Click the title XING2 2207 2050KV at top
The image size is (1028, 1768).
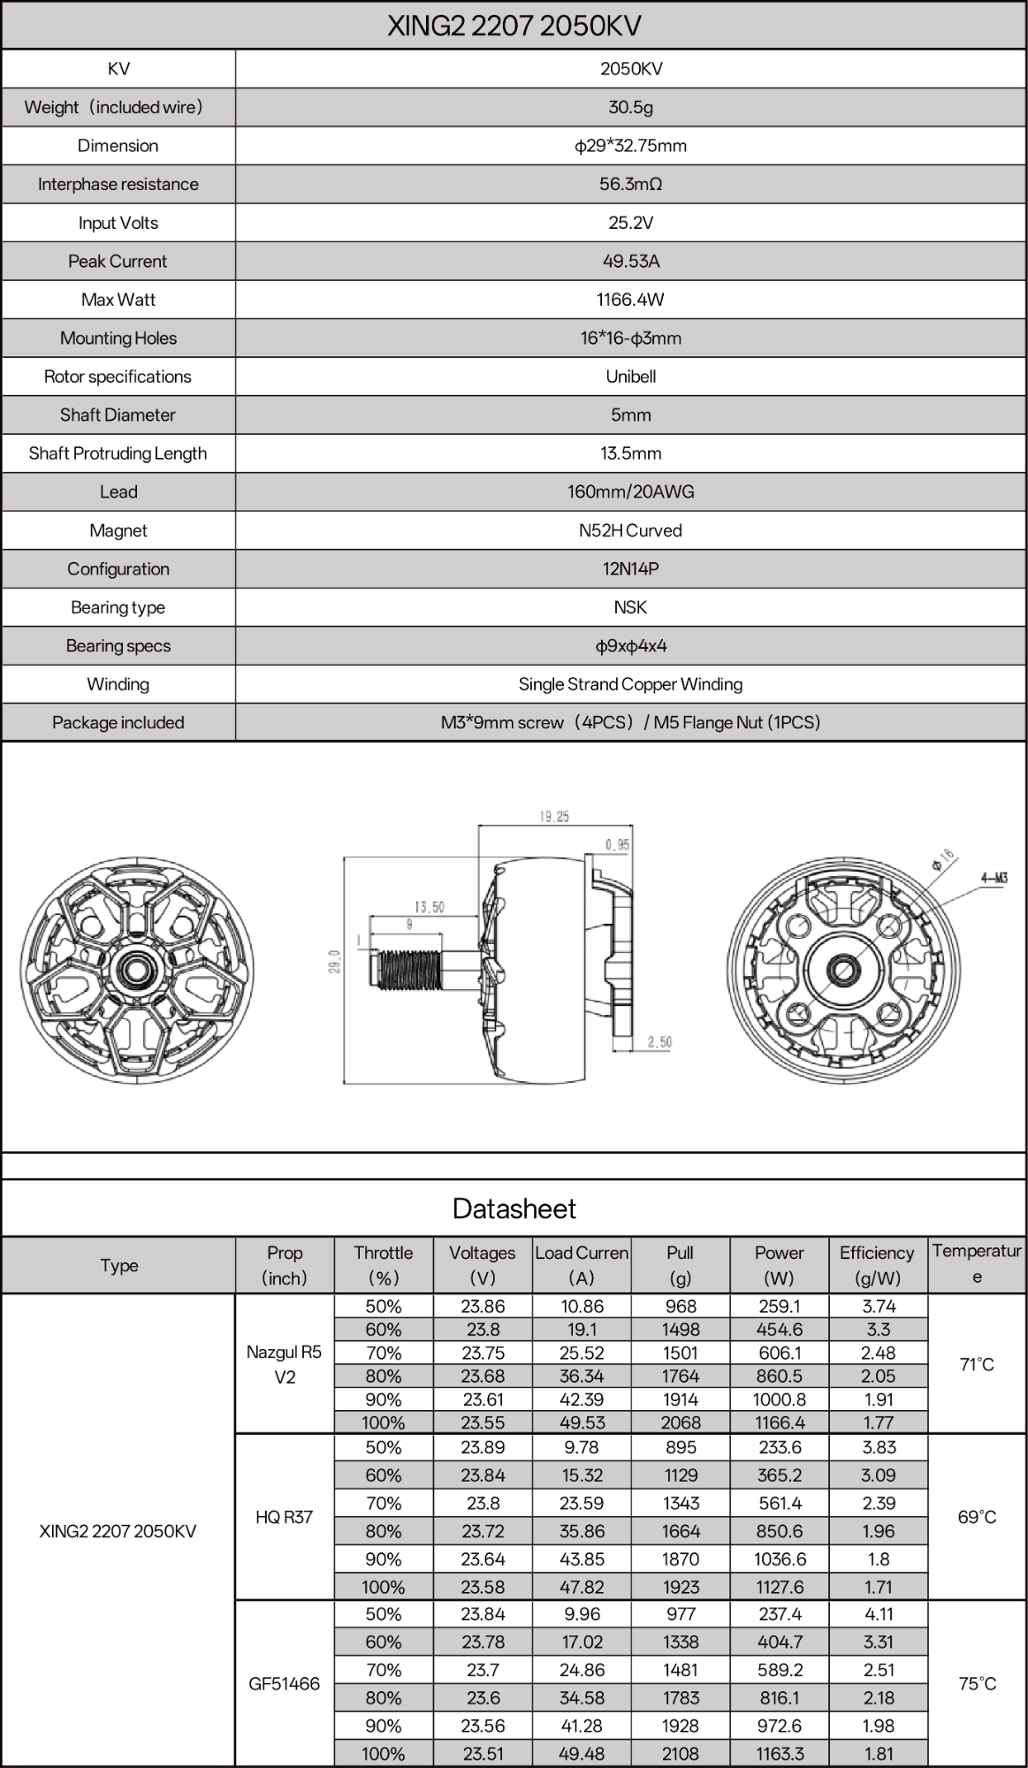tap(514, 27)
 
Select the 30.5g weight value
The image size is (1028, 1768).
tap(630, 107)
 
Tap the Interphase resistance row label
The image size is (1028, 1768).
tap(118, 184)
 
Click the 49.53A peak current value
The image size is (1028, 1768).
tap(630, 261)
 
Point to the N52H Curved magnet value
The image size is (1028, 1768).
tap(630, 530)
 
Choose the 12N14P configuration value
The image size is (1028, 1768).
tap(630, 568)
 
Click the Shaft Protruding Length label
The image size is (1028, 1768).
tap(118, 453)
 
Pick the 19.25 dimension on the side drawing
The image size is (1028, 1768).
tap(554, 817)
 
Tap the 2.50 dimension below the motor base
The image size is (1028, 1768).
tap(659, 1042)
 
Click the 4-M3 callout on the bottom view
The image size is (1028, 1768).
tap(994, 878)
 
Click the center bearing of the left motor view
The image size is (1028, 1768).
tap(136, 970)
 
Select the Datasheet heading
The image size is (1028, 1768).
tap(514, 1208)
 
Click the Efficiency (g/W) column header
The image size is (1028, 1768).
tap(877, 1265)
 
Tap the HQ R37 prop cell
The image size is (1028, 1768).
tap(285, 1517)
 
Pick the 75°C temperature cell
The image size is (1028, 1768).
tap(977, 1683)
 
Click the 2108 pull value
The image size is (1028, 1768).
tap(681, 1754)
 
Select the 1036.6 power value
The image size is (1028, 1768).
tap(779, 1558)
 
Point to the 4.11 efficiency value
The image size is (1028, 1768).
tap(879, 1614)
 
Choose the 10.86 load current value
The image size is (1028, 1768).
tap(582, 1306)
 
